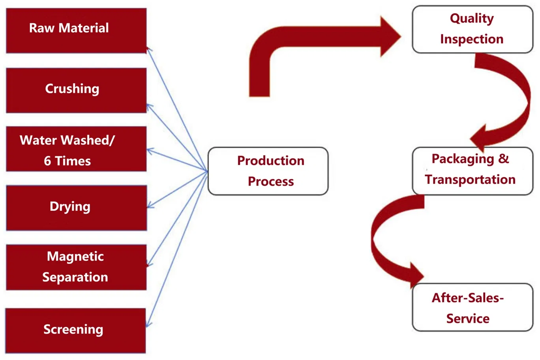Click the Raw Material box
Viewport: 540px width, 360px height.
[x=76, y=31]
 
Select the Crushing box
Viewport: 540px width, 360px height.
[x=76, y=90]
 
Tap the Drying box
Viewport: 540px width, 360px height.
[x=76, y=208]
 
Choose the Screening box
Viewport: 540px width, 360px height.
[x=75, y=330]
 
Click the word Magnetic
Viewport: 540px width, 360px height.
[x=75, y=257]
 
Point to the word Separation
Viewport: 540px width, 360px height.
[x=75, y=277]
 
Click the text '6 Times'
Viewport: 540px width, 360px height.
[x=67, y=161]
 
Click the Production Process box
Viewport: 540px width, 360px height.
[x=268, y=171]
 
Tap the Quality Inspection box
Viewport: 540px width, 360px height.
[x=472, y=29]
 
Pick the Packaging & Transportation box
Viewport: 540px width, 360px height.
[x=472, y=171]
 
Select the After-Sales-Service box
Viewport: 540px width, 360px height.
[x=472, y=307]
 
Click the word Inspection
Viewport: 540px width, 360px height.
[x=472, y=39]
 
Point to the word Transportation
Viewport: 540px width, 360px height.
[x=470, y=180]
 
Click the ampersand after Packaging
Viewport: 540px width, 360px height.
[x=504, y=159]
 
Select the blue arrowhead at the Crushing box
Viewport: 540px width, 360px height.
[x=149, y=107]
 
